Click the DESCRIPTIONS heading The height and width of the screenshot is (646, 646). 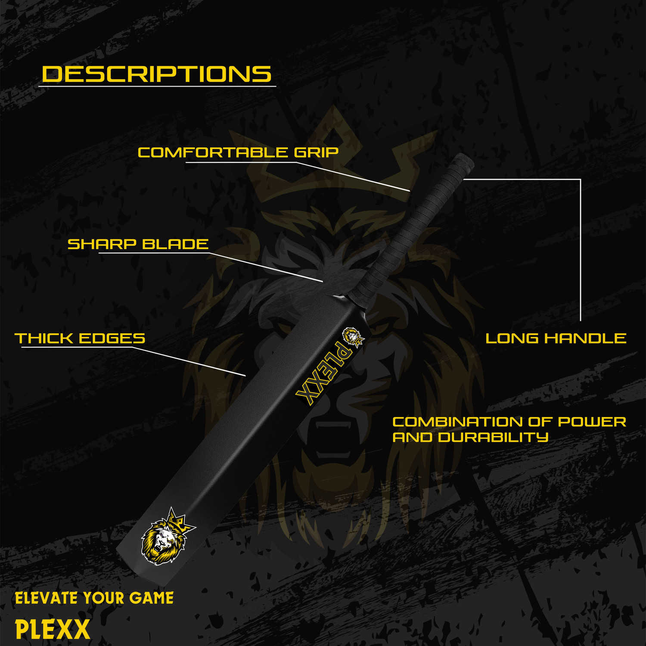[x=156, y=74]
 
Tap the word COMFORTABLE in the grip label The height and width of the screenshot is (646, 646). [x=213, y=152]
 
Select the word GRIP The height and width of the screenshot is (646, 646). [x=316, y=152]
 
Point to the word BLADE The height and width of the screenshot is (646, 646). [x=175, y=244]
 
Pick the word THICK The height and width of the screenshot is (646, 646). [x=44, y=339]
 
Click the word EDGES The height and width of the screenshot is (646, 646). [x=112, y=339]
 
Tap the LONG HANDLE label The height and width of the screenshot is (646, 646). [x=556, y=339]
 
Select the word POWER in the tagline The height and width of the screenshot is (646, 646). [x=592, y=422]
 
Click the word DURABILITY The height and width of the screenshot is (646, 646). [x=493, y=437]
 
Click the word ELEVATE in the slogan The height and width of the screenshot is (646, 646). [x=47, y=598]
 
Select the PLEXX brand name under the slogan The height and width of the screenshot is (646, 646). [x=53, y=629]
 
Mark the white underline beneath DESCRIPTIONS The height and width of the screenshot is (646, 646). [x=157, y=87]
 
